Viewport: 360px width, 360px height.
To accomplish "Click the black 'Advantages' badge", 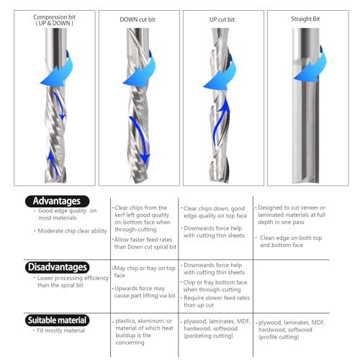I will click(58, 201).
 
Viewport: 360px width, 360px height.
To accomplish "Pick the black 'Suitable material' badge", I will click(58, 320).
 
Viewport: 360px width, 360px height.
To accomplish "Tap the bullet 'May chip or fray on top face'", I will click(144, 271).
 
